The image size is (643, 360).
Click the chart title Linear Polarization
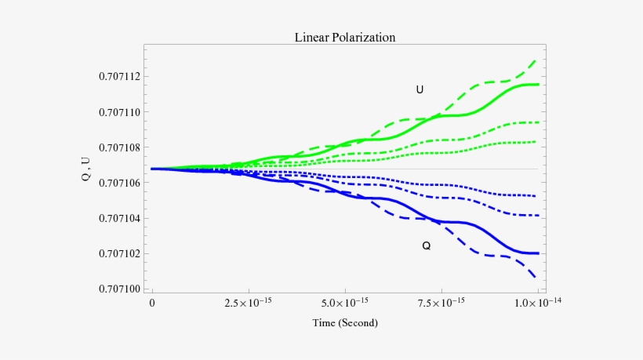pos(344,37)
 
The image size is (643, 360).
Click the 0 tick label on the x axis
pos(152,303)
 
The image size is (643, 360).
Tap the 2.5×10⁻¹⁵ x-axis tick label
pos(248,302)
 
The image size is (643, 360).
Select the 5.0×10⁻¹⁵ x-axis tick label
pos(344,302)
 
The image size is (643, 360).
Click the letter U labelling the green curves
pos(420,90)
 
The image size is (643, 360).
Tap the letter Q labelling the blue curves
pos(426,245)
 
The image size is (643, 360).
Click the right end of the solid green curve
pos(538,84)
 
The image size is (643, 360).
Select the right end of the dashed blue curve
pos(536,278)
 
